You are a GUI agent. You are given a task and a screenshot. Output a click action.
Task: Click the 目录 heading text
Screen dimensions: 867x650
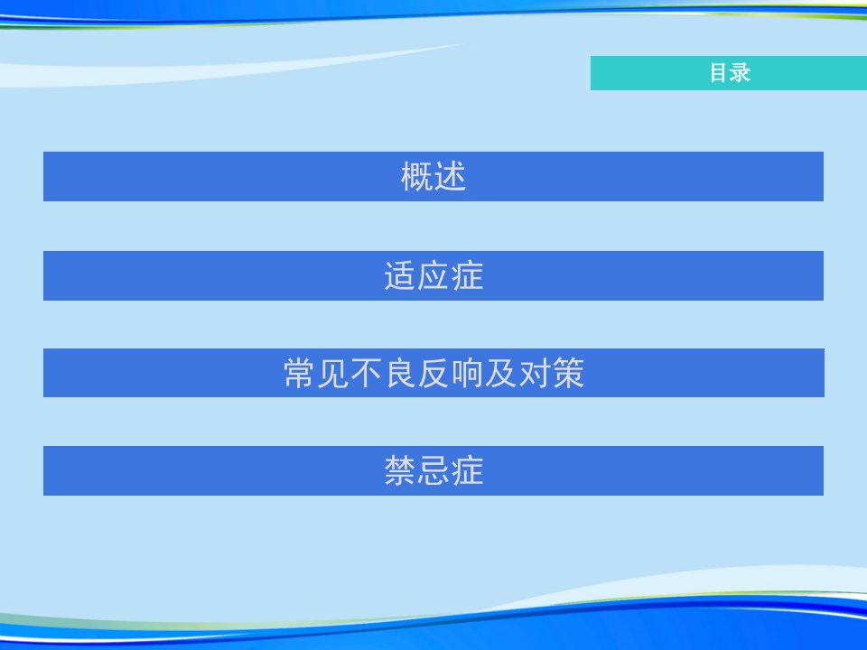coord(730,73)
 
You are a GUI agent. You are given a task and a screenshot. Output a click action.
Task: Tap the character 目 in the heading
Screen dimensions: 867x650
coord(720,73)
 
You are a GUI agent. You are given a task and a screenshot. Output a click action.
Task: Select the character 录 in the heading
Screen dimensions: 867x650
coord(741,73)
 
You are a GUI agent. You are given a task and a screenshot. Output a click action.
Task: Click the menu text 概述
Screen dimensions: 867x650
coord(433,177)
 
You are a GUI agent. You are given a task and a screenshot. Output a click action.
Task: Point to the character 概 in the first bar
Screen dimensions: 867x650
coord(417,177)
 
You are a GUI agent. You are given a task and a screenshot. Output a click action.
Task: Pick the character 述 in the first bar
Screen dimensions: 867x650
coord(450,177)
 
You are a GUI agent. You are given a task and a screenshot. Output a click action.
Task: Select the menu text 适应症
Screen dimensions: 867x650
coord(433,276)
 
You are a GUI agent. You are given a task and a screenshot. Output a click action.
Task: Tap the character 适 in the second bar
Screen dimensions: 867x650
coord(400,276)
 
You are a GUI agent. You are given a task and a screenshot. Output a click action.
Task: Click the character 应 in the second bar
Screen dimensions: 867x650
coord(433,276)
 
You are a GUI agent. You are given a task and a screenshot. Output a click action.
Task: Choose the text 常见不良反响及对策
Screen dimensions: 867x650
coord(434,373)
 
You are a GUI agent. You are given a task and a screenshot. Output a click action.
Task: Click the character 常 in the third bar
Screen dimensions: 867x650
coord(300,373)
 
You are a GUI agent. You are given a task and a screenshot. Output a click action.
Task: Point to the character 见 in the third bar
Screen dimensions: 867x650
coord(333,373)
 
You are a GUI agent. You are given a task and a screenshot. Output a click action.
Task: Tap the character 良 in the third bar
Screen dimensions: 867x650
coord(400,373)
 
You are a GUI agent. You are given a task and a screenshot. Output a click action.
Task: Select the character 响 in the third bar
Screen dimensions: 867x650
coord(468,373)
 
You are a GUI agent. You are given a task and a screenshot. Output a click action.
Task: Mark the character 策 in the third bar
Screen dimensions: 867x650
coord(568,373)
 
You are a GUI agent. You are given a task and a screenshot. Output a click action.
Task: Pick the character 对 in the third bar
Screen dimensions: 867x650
coord(535,373)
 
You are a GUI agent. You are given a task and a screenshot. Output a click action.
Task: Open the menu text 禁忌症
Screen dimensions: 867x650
coord(433,471)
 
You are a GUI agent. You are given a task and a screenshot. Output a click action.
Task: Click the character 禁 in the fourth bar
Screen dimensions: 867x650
coord(400,471)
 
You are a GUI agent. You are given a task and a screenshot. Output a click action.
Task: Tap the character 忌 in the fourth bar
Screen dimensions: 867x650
coord(433,471)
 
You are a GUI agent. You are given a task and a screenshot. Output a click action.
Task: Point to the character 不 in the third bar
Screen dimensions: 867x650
coord(367,373)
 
